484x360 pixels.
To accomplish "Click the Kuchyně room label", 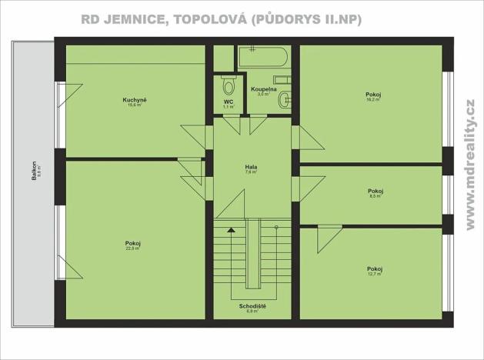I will (135, 100).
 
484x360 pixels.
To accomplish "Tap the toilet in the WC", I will (229, 83).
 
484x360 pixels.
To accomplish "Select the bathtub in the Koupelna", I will (263, 58).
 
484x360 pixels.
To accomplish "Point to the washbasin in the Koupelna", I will (285, 98).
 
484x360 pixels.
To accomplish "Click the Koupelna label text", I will (263, 89).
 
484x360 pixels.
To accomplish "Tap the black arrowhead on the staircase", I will (230, 228).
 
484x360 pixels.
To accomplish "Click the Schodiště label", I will (252, 306).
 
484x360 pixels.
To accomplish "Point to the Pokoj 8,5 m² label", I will (376, 192).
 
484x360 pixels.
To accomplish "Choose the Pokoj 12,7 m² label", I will (375, 268).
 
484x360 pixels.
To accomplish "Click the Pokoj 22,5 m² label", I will (133, 244).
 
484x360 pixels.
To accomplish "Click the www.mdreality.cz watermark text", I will (470, 165).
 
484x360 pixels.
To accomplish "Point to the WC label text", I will (229, 102).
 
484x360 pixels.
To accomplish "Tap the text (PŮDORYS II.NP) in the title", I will (306, 18).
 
